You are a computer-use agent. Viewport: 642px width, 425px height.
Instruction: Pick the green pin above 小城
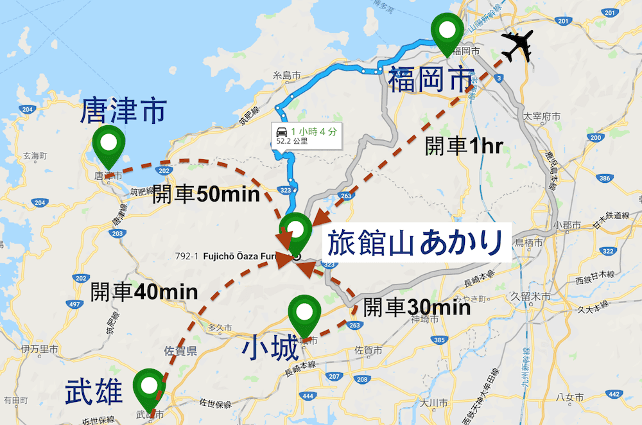[x=304, y=313]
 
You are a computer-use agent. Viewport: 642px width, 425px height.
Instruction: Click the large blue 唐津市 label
[x=123, y=112]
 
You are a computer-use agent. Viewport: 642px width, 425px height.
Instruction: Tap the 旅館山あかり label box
[x=415, y=243]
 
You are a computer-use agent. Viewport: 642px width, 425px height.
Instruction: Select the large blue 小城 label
[x=270, y=350]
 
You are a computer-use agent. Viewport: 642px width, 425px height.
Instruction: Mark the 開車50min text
[x=205, y=195]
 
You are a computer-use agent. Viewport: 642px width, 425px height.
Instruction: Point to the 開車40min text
[x=144, y=291]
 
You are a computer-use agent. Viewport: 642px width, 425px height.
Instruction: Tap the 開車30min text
[x=417, y=308]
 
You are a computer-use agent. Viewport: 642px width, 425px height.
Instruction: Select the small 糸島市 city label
[x=287, y=75]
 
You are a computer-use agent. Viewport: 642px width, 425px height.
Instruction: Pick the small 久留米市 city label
[x=528, y=297]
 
